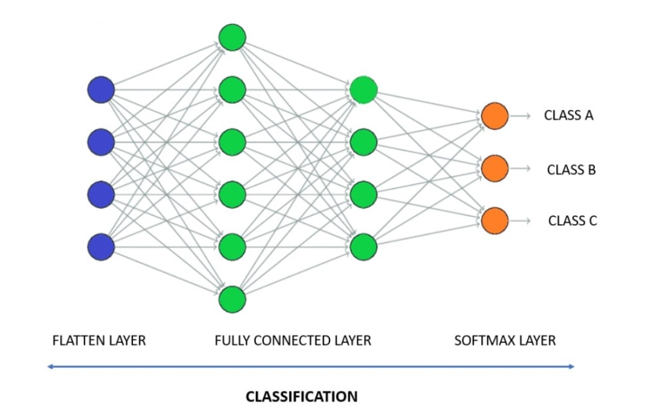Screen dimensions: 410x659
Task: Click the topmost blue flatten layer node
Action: coord(101,91)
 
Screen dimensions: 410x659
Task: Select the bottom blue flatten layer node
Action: coord(101,247)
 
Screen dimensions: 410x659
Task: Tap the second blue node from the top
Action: coord(101,143)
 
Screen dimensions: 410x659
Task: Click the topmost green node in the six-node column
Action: coord(232,37)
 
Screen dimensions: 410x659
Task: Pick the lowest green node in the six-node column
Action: coord(232,299)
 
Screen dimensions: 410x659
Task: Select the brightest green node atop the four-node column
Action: coord(363,90)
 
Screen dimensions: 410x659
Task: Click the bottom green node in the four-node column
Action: coord(363,246)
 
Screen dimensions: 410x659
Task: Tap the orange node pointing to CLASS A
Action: coord(495,116)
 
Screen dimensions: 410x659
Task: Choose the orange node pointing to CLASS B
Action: coord(495,168)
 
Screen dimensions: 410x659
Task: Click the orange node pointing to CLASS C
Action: coord(495,220)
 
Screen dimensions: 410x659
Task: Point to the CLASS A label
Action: coord(569,116)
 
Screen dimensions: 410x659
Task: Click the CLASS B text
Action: coord(571,170)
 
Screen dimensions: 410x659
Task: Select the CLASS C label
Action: coord(572,221)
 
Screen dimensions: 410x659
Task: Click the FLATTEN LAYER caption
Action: coord(99,341)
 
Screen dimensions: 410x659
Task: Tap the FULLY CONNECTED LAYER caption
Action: coord(293,341)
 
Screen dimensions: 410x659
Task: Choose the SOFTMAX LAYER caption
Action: coord(505,341)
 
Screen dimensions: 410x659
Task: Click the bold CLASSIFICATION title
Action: coord(302,397)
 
